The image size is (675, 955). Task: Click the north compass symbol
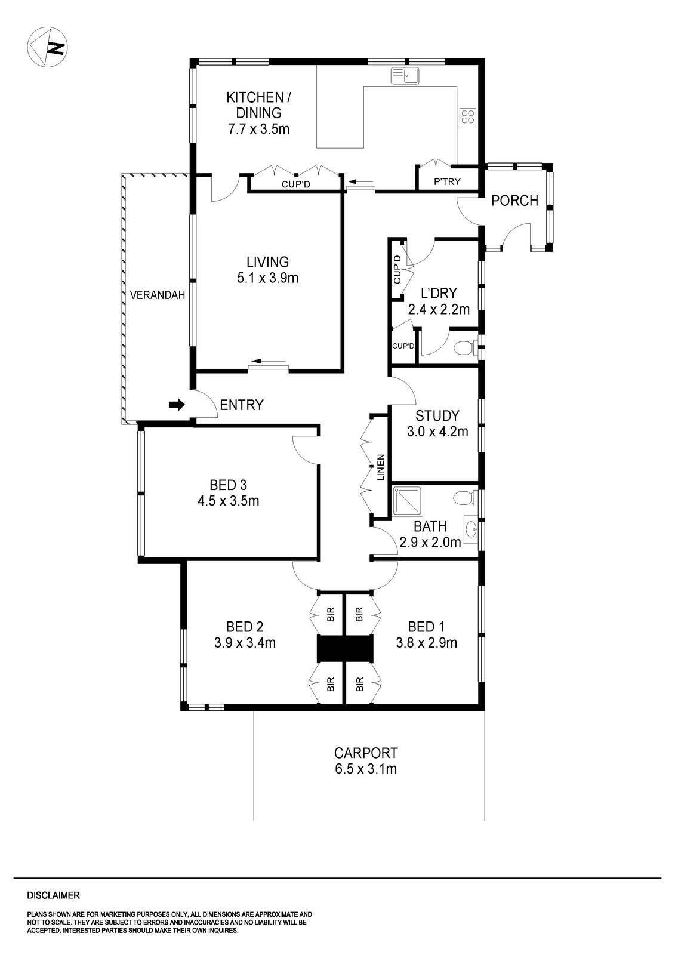48,47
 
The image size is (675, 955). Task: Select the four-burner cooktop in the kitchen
467,116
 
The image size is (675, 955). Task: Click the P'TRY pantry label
447,181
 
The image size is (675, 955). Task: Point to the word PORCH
514,201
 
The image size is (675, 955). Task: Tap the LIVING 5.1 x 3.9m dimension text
267,278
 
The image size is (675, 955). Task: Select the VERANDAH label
158,295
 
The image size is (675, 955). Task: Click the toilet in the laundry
466,347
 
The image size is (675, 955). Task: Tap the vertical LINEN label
380,467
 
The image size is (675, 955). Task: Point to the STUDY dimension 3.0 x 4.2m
437,431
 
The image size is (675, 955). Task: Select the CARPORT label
366,753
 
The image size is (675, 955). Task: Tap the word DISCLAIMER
54,895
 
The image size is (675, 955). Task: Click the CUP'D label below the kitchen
296,184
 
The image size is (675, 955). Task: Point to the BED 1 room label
426,627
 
